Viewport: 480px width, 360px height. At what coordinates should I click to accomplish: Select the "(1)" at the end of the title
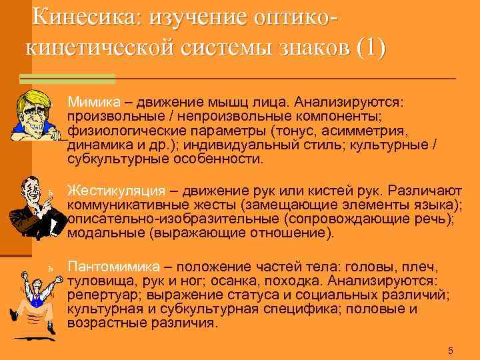[371, 48]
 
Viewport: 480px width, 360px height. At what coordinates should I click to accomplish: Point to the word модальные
[107, 233]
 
